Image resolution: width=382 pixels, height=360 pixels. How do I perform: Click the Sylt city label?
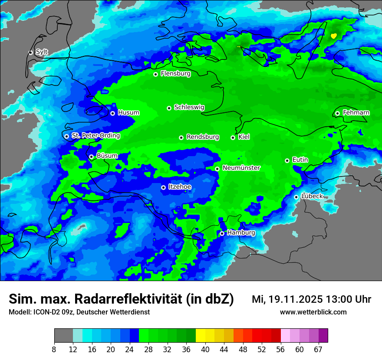(42, 52)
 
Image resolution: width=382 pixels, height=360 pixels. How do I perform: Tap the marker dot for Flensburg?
(155, 74)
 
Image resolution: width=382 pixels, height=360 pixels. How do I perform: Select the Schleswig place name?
(189, 107)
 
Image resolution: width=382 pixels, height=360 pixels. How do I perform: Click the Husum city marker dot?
(112, 113)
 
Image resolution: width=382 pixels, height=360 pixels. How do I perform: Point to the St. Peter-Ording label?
(95, 135)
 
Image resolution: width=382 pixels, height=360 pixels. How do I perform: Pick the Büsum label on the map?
(107, 156)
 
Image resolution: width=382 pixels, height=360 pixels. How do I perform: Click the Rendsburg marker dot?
(181, 137)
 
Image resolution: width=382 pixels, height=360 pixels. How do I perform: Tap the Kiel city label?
(244, 137)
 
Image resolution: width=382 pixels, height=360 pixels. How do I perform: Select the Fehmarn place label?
(356, 113)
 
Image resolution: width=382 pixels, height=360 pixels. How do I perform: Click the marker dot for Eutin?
(287, 160)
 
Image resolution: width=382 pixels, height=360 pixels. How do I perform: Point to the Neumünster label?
(241, 168)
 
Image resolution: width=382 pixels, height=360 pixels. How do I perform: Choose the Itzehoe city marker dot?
(163, 187)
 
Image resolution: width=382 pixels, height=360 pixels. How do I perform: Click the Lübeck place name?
(312, 196)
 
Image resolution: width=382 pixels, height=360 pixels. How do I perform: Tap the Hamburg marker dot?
(222, 233)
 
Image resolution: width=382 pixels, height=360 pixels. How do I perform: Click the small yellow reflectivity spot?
(333, 36)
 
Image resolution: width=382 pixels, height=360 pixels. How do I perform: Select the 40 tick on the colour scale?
(205, 349)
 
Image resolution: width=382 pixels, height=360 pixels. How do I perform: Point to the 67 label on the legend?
(319, 349)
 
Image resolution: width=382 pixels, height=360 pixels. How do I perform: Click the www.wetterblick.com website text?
(313, 312)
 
